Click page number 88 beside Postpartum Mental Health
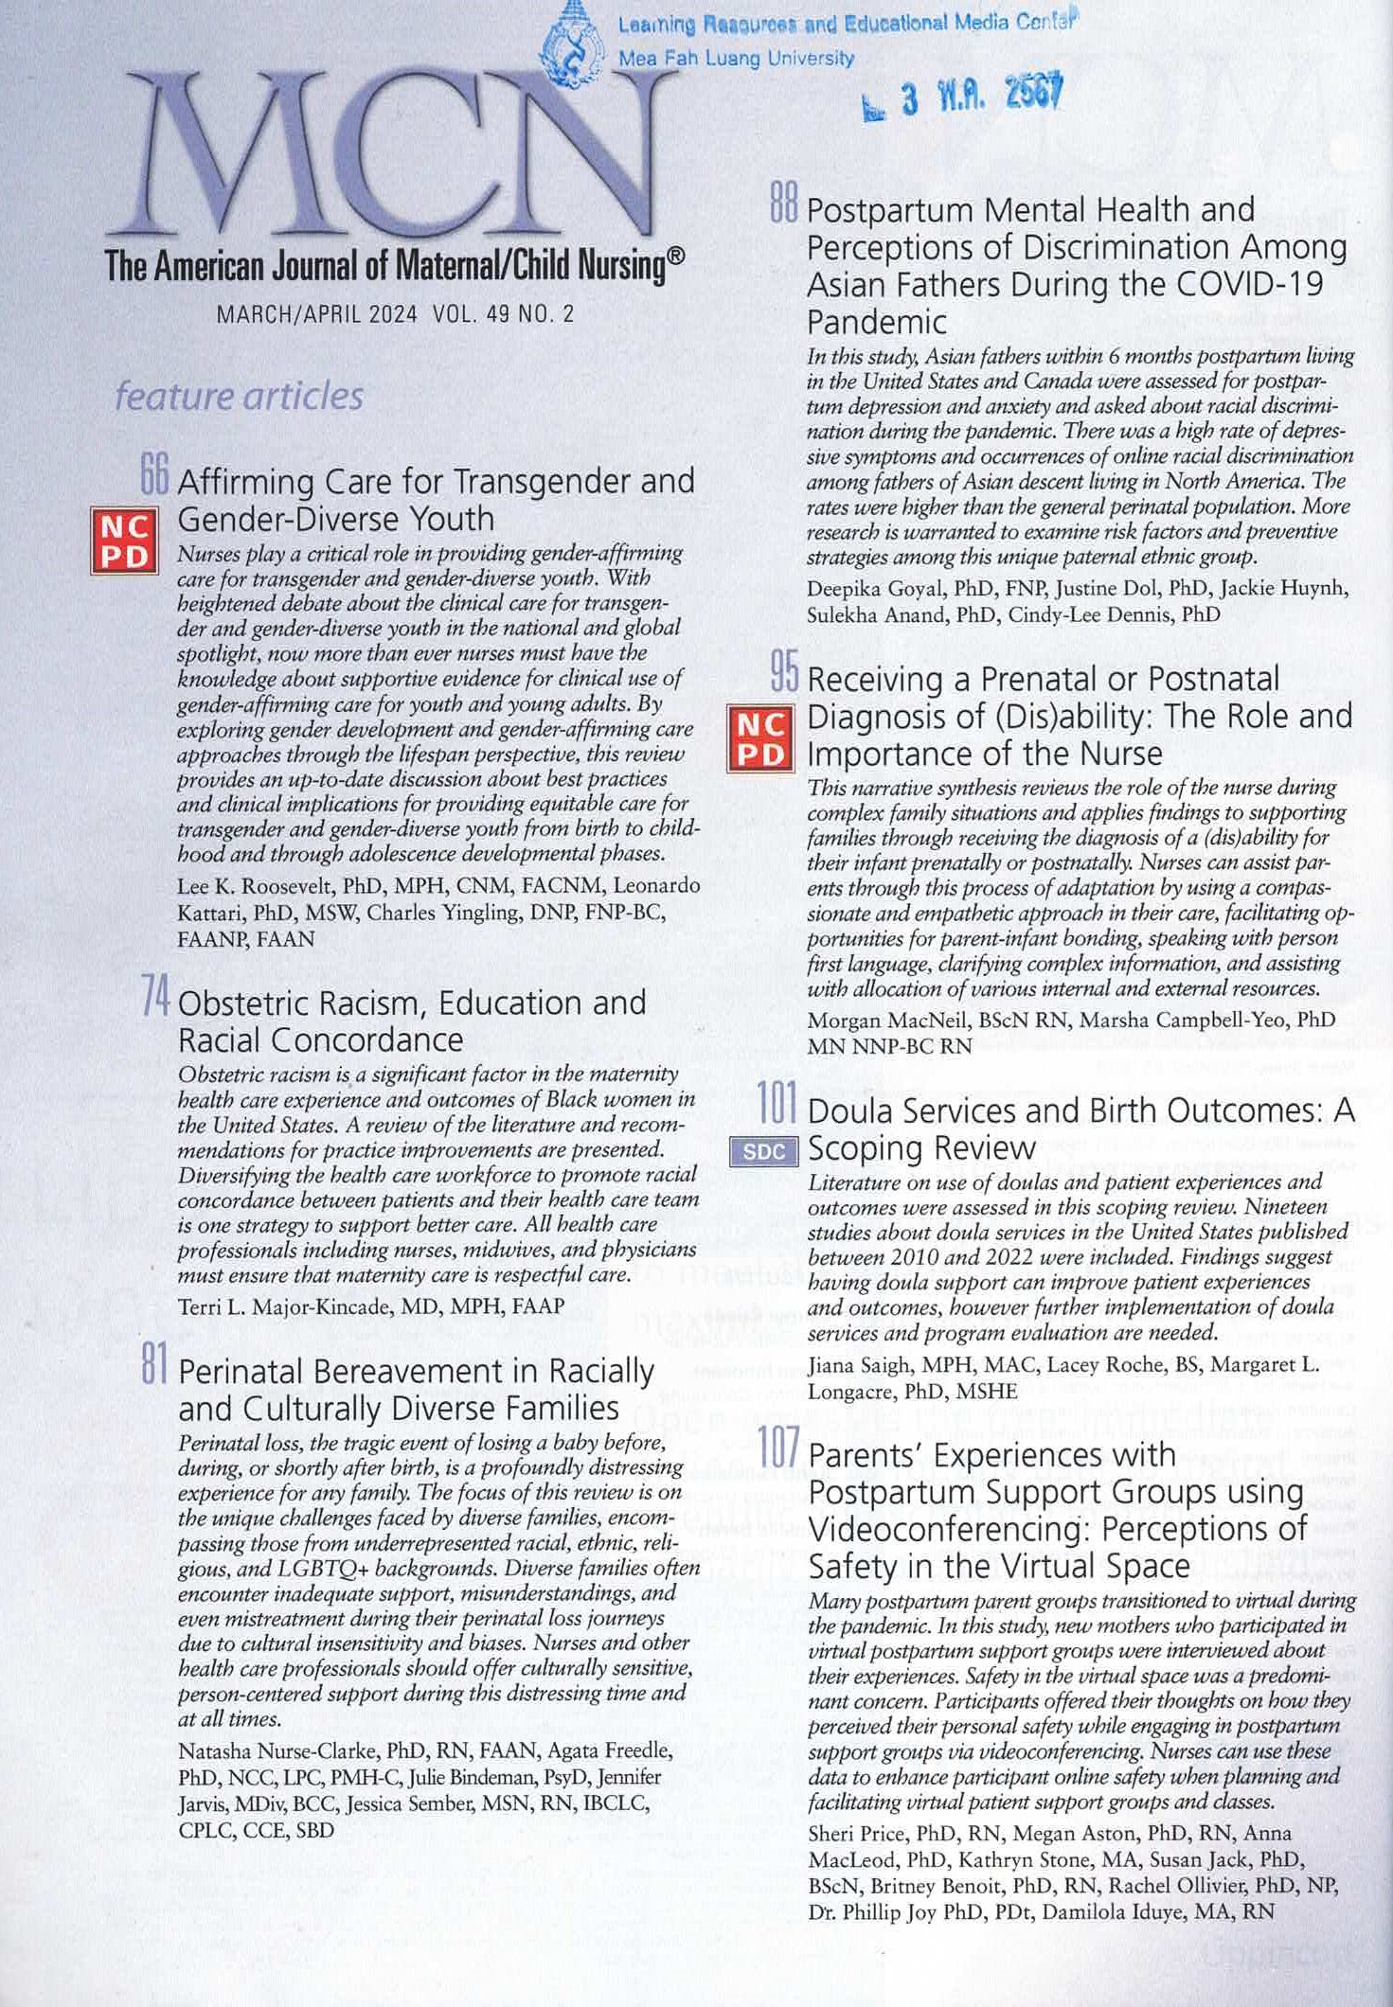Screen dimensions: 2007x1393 784,204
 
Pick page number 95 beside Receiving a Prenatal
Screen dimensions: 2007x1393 784,673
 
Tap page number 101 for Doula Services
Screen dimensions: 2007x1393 778,1105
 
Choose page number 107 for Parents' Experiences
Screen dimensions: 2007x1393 780,1449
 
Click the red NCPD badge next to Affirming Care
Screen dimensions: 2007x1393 124,541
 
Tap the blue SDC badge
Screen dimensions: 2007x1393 764,1151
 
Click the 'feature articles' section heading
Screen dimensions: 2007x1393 239,396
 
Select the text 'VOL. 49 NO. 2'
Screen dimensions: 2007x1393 502,314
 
